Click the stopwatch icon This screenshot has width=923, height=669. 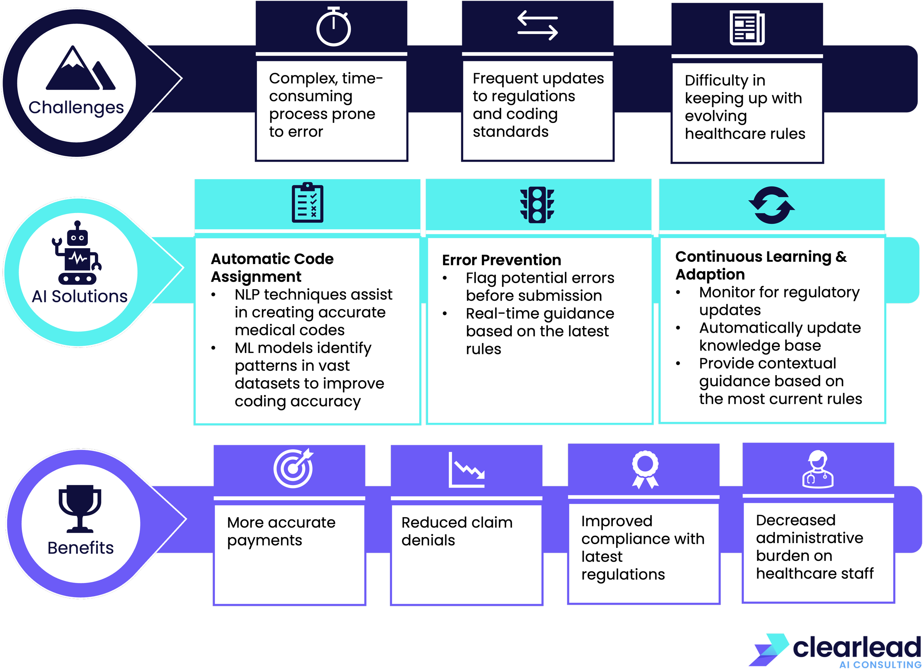coord(333,27)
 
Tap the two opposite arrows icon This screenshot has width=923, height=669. coord(537,25)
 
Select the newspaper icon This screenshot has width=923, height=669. coord(747,28)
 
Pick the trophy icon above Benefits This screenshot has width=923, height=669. coord(80,509)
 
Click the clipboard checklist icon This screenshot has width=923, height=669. coord(307,203)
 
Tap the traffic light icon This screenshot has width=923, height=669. coord(537,205)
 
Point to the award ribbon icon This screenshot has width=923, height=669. coord(645,469)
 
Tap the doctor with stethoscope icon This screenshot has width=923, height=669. coord(818,469)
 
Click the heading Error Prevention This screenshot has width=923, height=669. coord(501,260)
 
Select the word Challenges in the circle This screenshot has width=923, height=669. coord(76,108)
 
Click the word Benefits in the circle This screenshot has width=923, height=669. coord(80,548)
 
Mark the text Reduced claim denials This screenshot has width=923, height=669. coord(457,531)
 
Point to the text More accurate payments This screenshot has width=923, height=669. coord(281,531)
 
